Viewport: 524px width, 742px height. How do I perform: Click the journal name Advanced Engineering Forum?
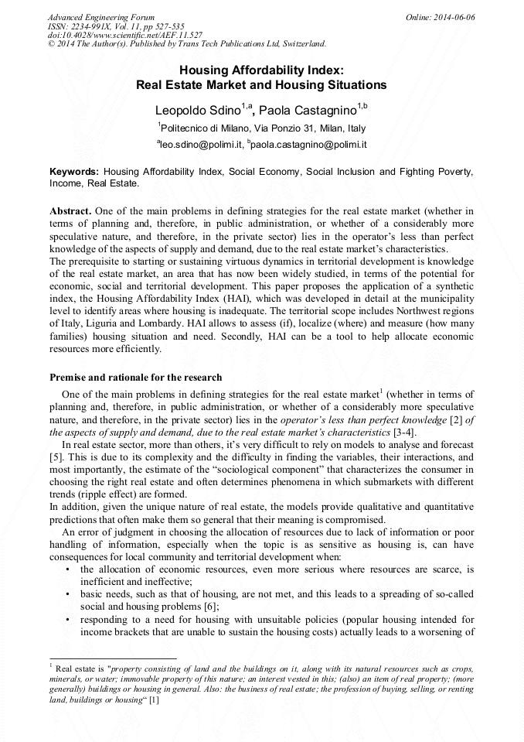coord(101,16)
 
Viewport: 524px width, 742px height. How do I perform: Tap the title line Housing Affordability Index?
coord(261,70)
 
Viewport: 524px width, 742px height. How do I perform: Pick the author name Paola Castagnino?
coord(314,110)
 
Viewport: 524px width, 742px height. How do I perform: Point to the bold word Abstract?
coord(70,210)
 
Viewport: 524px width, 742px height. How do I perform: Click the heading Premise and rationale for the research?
coord(135,378)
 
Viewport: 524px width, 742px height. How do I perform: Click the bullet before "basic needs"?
coord(69,594)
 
